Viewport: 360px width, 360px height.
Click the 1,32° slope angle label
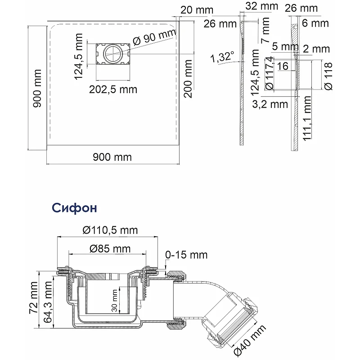click(222, 57)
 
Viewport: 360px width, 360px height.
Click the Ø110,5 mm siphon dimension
click(110, 230)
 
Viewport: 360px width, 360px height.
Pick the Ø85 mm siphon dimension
click(110, 248)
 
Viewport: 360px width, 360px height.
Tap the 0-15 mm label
click(186, 255)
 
